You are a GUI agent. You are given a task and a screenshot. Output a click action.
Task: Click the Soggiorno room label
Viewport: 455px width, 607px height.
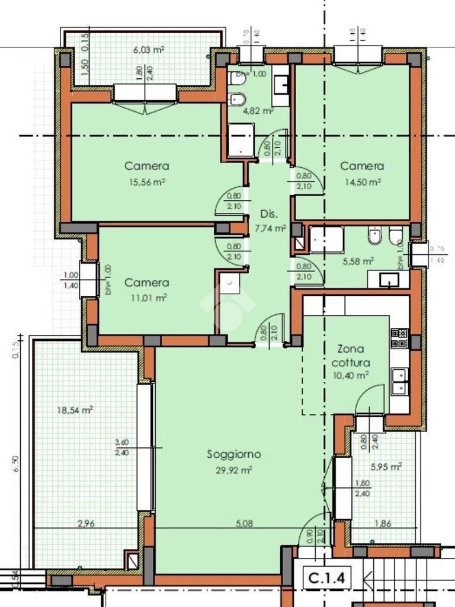point(234,455)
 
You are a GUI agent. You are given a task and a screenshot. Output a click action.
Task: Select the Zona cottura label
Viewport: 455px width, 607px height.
point(351,356)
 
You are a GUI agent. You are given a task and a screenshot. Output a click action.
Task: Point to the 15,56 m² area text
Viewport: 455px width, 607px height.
point(146,182)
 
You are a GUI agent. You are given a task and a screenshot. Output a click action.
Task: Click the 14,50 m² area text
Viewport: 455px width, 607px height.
point(361,182)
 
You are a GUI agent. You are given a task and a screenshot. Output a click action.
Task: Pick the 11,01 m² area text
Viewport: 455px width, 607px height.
point(146,298)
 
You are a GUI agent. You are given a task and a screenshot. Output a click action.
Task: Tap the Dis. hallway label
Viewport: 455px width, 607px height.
point(270,215)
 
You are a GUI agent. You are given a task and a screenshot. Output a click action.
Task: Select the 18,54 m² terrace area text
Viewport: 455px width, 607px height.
point(75,410)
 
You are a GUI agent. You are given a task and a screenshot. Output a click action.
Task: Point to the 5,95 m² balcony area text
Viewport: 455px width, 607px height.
point(386,467)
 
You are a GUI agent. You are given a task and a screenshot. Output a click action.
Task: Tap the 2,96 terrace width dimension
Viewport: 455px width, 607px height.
point(87,523)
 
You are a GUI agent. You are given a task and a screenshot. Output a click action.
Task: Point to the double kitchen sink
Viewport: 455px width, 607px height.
point(399,380)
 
